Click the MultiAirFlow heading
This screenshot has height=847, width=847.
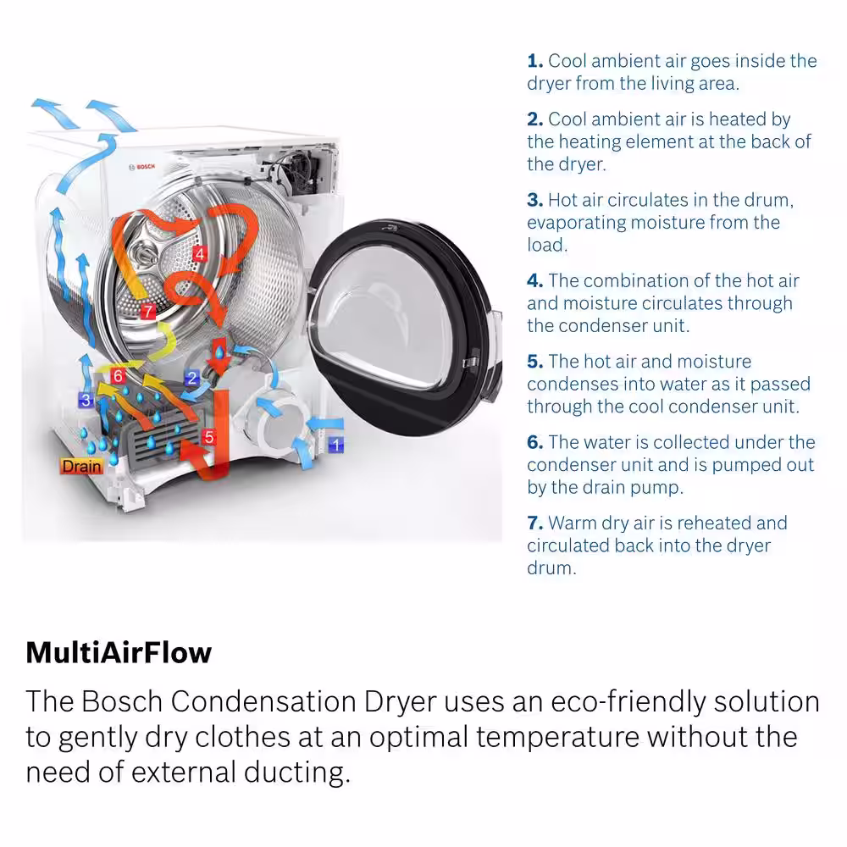[119, 652]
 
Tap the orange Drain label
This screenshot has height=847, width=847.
[81, 466]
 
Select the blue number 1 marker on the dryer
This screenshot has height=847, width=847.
[336, 446]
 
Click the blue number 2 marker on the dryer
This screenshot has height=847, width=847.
[191, 378]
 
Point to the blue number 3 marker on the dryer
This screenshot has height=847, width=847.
[86, 401]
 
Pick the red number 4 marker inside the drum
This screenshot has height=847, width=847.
[200, 253]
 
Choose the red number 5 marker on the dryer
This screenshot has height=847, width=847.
[209, 436]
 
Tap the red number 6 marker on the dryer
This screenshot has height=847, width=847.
[119, 375]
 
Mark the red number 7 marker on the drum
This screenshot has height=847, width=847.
[147, 311]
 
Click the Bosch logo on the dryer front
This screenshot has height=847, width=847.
[142, 167]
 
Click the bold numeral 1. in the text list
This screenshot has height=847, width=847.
[534, 61]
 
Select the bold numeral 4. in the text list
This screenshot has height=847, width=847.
[534, 281]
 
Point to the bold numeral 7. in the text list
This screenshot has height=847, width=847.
[534, 523]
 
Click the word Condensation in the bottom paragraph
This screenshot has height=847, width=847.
[263, 701]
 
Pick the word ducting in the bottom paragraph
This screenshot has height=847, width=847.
[294, 773]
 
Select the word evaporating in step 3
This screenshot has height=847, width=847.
[576, 223]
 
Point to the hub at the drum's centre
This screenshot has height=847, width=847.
[144, 253]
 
